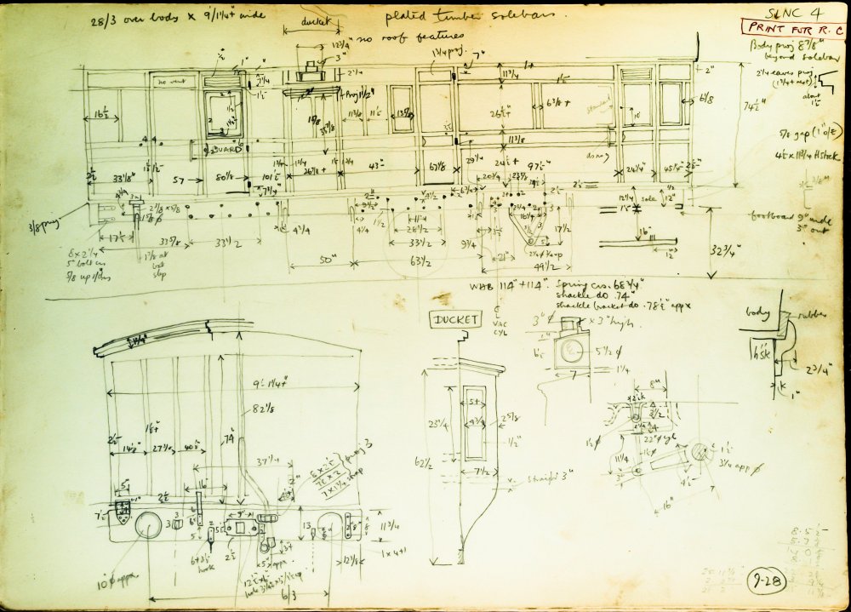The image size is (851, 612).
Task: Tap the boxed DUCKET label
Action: click(455, 319)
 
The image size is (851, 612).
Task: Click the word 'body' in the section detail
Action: click(756, 312)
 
